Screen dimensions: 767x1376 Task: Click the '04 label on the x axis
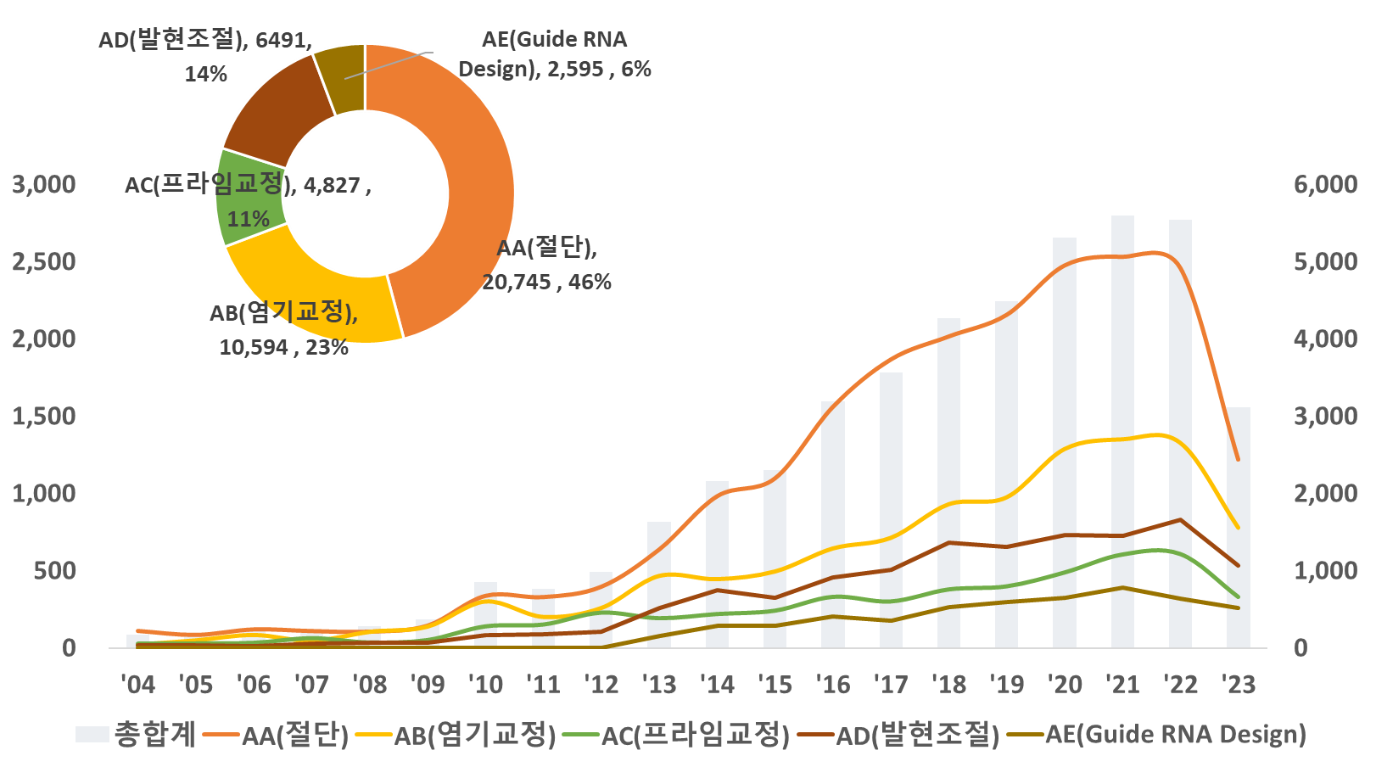pos(137,684)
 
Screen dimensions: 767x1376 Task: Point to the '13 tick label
pos(659,684)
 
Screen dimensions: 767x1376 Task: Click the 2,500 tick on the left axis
pos(44,261)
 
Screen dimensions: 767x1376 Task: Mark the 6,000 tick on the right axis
pos(1325,184)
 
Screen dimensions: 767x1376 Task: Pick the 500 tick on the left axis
pos(55,571)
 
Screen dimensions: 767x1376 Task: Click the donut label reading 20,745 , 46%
pos(546,282)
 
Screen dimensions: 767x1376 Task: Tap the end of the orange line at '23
pos(1238,459)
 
